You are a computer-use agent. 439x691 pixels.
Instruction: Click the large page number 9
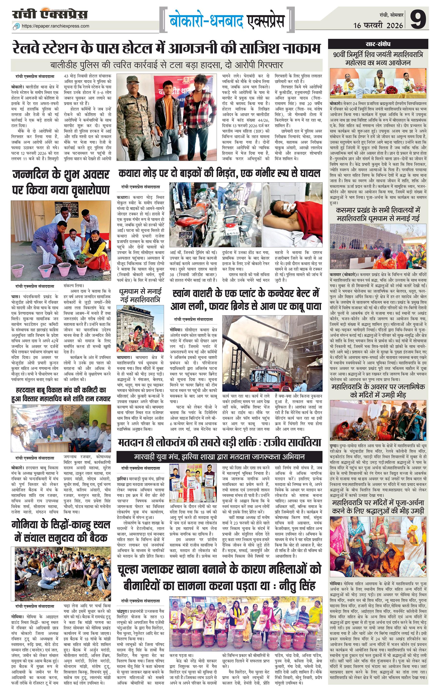(418, 19)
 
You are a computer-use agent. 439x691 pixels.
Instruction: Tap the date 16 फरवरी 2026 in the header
(378, 25)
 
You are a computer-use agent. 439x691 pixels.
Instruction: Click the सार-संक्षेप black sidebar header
(378, 44)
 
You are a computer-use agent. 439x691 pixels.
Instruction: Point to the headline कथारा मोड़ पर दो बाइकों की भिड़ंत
(219, 174)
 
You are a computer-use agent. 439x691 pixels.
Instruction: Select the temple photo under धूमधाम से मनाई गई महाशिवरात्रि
(140, 329)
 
